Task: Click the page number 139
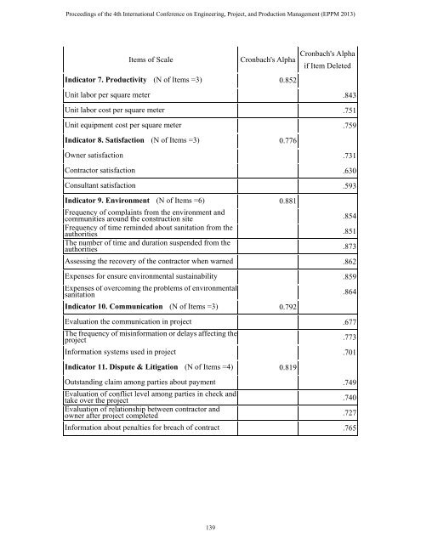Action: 210,528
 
